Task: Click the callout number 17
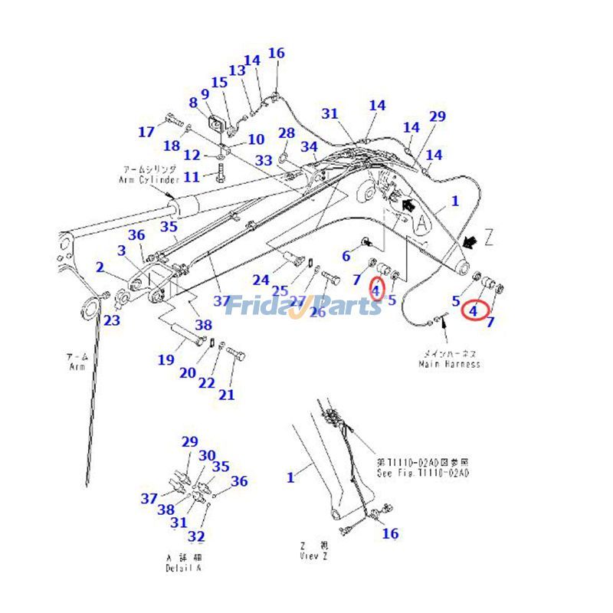[x=146, y=132]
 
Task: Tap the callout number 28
[x=287, y=133]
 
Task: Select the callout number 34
[x=309, y=147]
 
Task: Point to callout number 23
[x=112, y=320]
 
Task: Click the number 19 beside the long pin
[x=166, y=360]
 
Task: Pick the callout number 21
[x=226, y=395]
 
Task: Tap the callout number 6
[x=346, y=255]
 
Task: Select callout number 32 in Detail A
[x=196, y=536]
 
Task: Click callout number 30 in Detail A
[x=207, y=456]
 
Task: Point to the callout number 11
[x=191, y=177]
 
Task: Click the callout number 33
[x=264, y=160]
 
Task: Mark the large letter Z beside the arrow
[x=488, y=238]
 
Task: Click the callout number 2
[x=100, y=267]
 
